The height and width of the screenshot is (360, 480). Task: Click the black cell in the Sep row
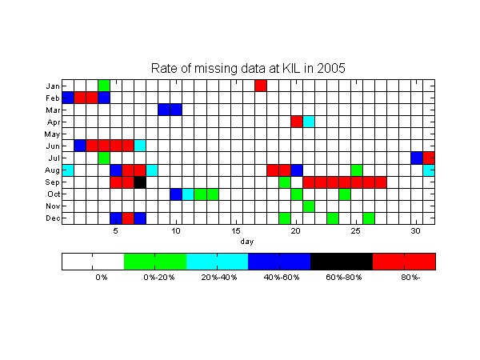[140, 182]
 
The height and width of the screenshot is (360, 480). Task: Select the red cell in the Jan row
[261, 86]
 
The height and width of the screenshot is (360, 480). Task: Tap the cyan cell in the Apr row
[309, 122]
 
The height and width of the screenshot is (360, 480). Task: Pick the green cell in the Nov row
[309, 206]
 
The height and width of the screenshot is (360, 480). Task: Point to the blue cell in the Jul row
[417, 158]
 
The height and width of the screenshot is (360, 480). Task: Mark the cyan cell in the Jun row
[140, 146]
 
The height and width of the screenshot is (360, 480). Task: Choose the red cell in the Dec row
[128, 218]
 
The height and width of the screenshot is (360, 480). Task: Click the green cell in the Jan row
[104, 86]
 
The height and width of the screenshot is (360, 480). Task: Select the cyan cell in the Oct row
[188, 194]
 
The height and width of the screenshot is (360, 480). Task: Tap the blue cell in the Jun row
[80, 146]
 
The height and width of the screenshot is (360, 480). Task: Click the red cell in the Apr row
[297, 122]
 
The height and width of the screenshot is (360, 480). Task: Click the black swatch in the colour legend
[342, 262]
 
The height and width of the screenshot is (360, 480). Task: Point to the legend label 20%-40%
[219, 278]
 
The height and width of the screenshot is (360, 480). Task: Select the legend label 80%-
[410, 278]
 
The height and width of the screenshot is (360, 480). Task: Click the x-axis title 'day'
[247, 242]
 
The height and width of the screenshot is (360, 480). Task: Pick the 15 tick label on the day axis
[236, 231]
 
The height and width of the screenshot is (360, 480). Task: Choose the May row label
[52, 134]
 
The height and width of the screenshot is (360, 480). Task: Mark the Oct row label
[54, 194]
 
